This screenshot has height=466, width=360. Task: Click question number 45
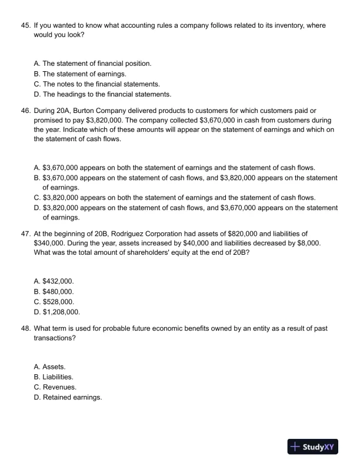[x=26, y=26]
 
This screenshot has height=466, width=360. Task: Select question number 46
[x=26, y=111]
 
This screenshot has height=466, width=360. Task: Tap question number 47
[x=26, y=234]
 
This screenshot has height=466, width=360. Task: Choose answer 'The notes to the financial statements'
[x=97, y=84]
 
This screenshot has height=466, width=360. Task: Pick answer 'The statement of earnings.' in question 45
[x=80, y=74]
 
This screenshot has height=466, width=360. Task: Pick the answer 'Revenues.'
[x=55, y=387]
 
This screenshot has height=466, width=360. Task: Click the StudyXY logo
[x=312, y=447]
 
